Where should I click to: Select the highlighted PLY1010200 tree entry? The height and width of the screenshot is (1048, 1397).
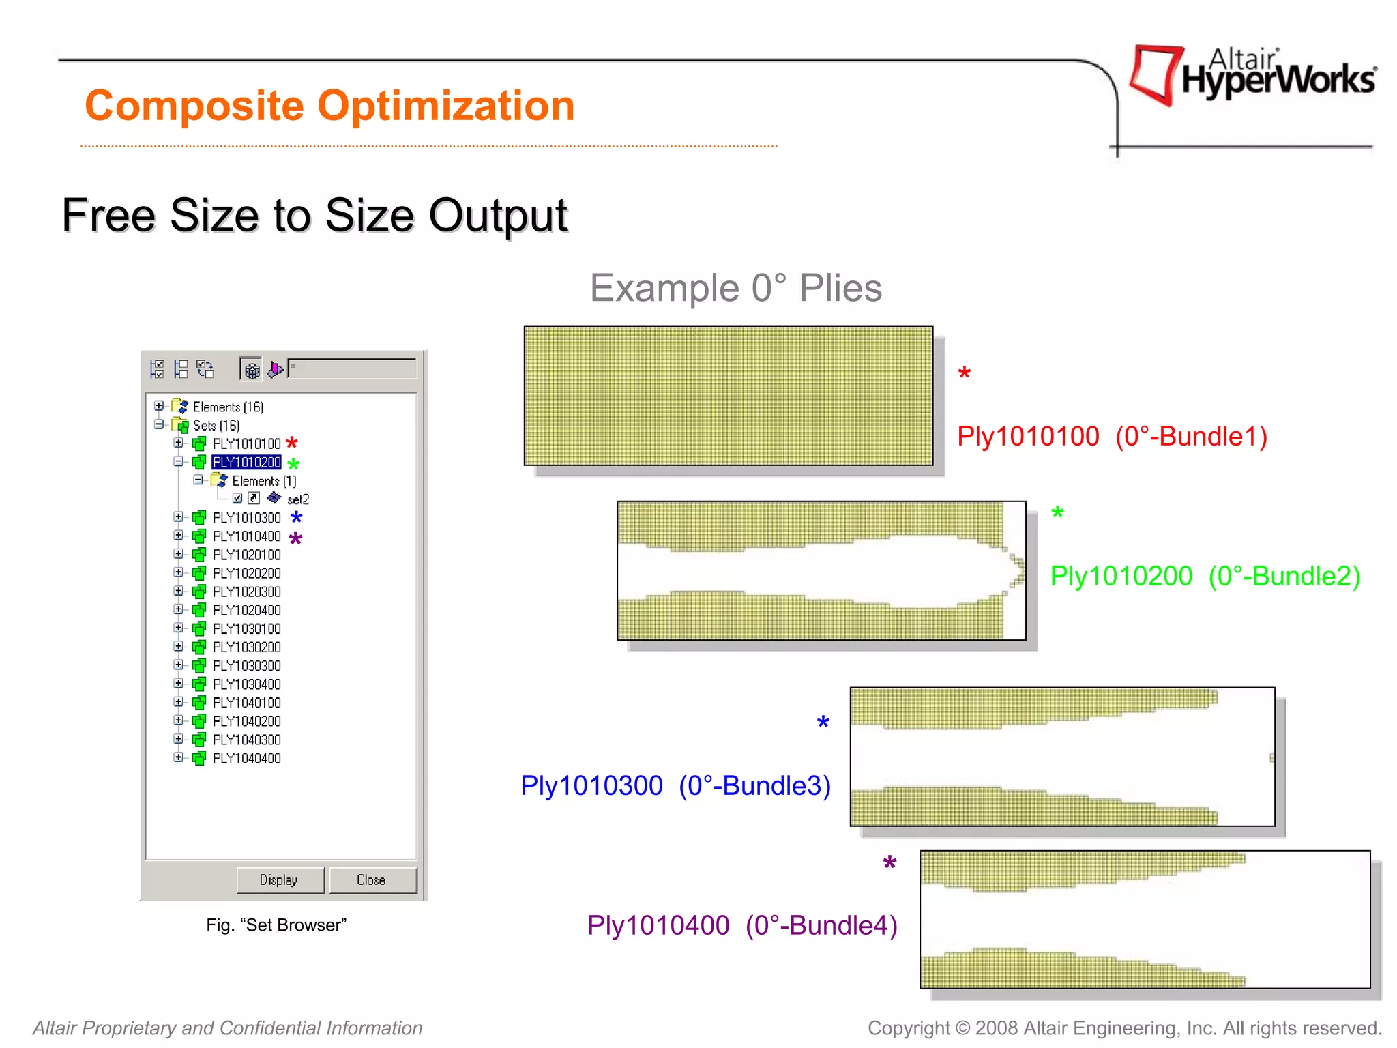click(x=246, y=463)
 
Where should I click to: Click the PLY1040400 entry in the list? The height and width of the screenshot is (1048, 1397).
click(x=246, y=758)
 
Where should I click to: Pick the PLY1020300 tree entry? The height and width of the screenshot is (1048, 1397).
click(x=246, y=592)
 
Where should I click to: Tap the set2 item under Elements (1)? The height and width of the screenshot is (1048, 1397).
click(x=298, y=499)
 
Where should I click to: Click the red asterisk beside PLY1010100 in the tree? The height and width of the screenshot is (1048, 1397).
click(x=292, y=443)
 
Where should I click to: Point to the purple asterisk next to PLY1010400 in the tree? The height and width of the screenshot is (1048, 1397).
click(x=295, y=538)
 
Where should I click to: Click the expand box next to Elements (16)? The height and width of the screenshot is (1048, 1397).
click(x=159, y=406)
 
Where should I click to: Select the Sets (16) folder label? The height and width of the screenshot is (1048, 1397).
click(x=216, y=425)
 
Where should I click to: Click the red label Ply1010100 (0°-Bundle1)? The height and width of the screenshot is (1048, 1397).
click(x=1112, y=437)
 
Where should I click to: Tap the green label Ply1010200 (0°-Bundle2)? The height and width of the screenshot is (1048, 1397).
click(x=1205, y=576)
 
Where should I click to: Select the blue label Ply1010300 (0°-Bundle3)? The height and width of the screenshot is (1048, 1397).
click(x=675, y=785)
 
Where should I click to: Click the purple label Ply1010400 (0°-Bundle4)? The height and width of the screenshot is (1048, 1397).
click(x=742, y=925)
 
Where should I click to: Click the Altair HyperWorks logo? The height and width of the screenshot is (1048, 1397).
click(x=1252, y=75)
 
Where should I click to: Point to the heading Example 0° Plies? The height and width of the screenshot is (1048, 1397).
click(x=735, y=288)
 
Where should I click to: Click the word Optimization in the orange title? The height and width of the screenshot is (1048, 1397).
click(x=446, y=106)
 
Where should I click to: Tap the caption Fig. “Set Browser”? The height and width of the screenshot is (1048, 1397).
click(x=276, y=925)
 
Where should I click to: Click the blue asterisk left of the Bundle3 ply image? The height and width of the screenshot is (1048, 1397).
click(x=823, y=723)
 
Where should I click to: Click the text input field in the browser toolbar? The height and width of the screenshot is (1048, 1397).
click(x=352, y=368)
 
